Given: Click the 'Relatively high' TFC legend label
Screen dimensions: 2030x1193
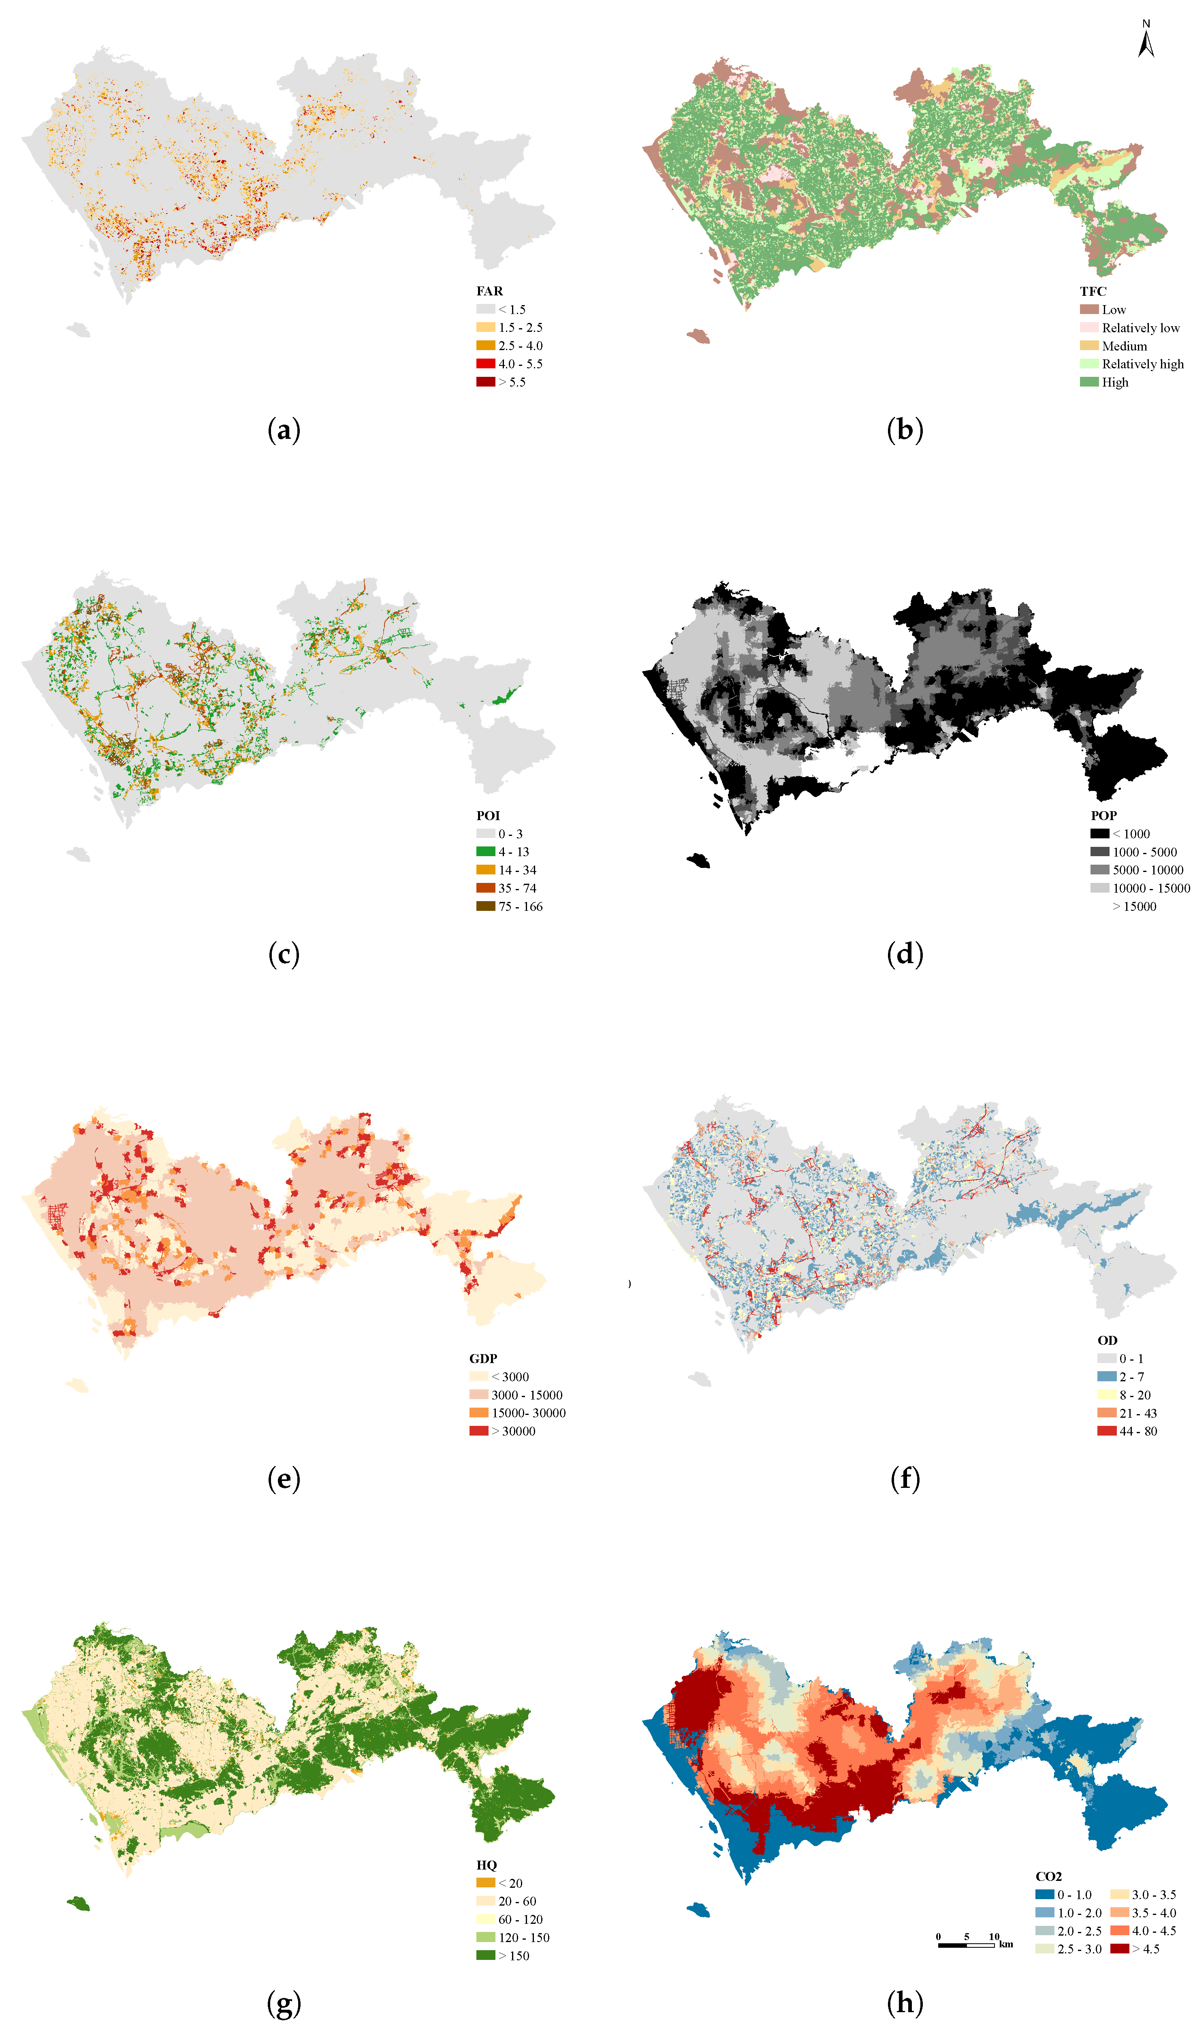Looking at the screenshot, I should pyautogui.click(x=1142, y=364).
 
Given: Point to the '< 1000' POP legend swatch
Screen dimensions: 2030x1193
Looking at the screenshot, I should pyautogui.click(x=1099, y=834).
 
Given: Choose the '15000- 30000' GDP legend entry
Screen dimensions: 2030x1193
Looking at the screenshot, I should pyautogui.click(x=528, y=1413).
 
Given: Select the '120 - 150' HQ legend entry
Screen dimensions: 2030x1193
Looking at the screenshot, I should pyautogui.click(x=524, y=1937).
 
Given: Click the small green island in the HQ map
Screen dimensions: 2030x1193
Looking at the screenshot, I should pyautogui.click(x=78, y=1904).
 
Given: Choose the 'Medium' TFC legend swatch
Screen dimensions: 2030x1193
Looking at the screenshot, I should pyautogui.click(x=1089, y=346).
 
